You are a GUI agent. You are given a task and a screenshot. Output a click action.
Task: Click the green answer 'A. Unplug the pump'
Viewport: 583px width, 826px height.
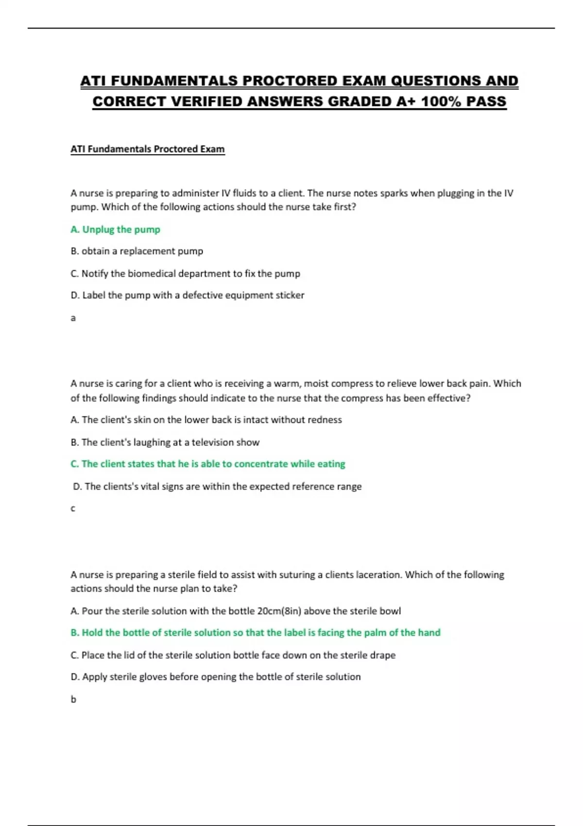(115, 229)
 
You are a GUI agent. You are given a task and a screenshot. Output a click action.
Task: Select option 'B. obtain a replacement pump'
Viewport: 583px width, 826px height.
(137, 251)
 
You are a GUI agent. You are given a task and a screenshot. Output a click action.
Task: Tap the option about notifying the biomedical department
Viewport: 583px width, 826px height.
(185, 274)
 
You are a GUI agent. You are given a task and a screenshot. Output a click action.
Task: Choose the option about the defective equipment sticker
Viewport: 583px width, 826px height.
(187, 295)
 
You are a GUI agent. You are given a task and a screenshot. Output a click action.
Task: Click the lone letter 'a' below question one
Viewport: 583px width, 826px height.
(73, 318)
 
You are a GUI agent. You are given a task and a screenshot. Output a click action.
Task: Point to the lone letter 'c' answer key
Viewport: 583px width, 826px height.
(73, 509)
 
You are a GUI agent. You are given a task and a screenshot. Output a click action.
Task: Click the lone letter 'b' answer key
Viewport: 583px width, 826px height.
(73, 700)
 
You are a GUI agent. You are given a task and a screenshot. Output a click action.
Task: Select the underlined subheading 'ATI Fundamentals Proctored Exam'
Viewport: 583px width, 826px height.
(148, 149)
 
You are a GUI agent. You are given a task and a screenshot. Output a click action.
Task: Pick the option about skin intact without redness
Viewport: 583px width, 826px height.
(206, 420)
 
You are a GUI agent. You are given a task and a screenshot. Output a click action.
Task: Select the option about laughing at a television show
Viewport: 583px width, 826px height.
(165, 442)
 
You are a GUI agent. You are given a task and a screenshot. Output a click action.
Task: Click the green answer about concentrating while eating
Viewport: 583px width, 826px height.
(207, 464)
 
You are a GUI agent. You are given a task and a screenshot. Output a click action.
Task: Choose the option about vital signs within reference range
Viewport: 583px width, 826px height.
(217, 486)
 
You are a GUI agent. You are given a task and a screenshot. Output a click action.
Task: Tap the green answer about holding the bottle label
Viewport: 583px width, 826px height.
(255, 633)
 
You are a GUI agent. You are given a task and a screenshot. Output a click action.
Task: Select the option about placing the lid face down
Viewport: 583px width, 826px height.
(233, 655)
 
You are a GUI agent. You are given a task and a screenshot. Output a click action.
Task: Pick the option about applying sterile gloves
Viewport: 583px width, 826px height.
(215, 677)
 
